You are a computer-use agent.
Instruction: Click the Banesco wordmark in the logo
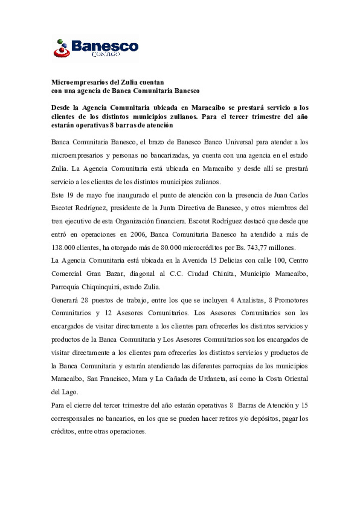click(105, 46)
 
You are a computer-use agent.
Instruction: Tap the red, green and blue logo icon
click(62, 49)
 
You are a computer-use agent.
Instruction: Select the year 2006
click(138, 235)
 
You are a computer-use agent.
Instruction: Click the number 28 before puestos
click(84, 300)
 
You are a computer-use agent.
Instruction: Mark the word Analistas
click(251, 300)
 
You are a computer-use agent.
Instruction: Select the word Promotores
click(291, 300)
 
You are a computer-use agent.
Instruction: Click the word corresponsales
click(72, 419)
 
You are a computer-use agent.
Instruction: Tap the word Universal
click(239, 142)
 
